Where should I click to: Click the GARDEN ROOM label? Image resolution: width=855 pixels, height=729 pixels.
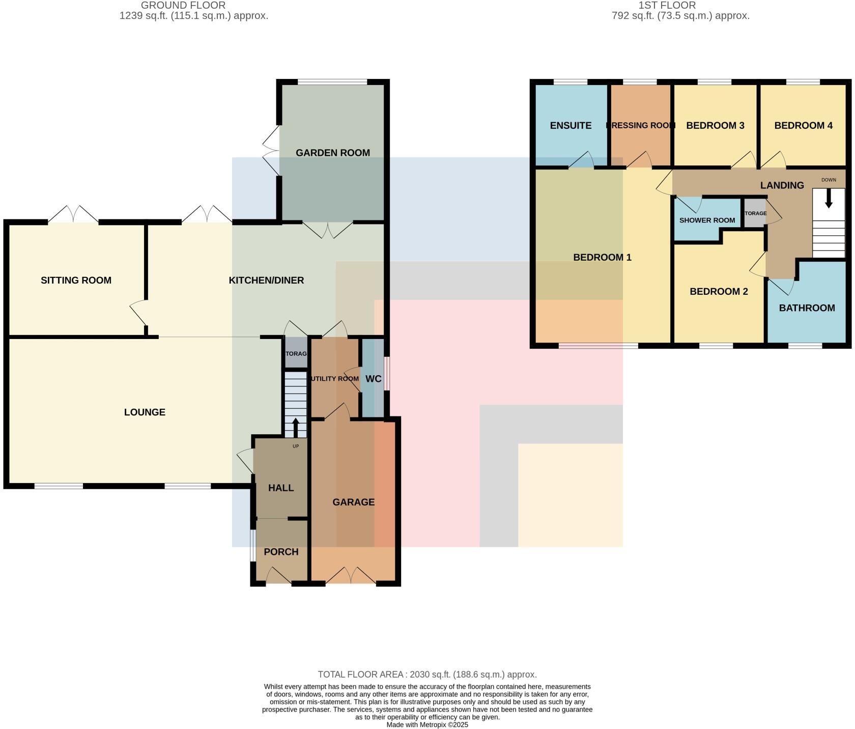point(333,153)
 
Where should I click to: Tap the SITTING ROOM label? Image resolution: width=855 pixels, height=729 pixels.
point(76,280)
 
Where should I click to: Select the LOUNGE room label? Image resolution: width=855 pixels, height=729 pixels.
point(145,412)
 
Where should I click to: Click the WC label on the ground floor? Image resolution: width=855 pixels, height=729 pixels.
point(373,379)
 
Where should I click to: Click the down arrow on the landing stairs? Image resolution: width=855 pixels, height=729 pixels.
point(829,199)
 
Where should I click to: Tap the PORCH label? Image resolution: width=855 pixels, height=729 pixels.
point(281,552)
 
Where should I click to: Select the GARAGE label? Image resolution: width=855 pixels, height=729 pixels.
point(353,502)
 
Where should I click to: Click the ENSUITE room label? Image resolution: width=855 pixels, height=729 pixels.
point(571,125)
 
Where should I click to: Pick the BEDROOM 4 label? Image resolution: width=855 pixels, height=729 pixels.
point(803,125)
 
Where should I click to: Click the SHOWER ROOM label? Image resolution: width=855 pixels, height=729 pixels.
point(707,220)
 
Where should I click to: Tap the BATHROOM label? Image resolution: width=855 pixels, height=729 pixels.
point(807,308)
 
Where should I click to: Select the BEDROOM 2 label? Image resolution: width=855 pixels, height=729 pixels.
point(719,291)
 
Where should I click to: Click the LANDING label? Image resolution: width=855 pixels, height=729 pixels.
point(782,185)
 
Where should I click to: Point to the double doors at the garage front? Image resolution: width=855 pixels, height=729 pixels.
point(352,576)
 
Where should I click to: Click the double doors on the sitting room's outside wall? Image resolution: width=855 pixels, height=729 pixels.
point(73,214)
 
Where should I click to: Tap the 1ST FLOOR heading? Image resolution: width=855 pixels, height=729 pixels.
point(667,6)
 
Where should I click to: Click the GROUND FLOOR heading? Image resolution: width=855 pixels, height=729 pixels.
point(183,6)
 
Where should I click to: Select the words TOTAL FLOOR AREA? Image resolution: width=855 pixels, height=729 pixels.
point(361,675)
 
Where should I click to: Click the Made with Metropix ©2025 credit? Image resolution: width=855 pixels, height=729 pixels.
point(427,724)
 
